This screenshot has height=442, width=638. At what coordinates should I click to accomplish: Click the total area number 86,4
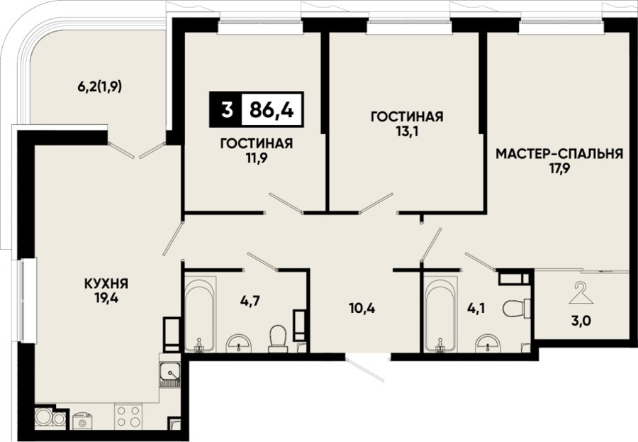(x=272, y=109)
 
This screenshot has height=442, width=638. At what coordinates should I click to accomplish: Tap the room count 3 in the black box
(x=227, y=109)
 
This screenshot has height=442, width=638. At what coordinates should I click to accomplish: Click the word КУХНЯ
(x=106, y=282)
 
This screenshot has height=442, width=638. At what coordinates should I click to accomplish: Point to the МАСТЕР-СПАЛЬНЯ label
(x=559, y=154)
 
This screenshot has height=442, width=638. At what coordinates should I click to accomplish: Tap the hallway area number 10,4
(x=362, y=308)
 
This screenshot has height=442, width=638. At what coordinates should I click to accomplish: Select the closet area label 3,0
(x=581, y=321)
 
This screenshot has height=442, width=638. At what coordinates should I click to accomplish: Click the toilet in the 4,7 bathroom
(x=279, y=339)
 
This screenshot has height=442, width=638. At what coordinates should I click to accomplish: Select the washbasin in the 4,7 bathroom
(x=239, y=343)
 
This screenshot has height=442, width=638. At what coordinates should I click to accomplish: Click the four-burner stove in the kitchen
(x=128, y=416)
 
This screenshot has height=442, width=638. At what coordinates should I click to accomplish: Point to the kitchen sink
(x=170, y=375)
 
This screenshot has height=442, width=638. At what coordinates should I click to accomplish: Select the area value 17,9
(x=559, y=169)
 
